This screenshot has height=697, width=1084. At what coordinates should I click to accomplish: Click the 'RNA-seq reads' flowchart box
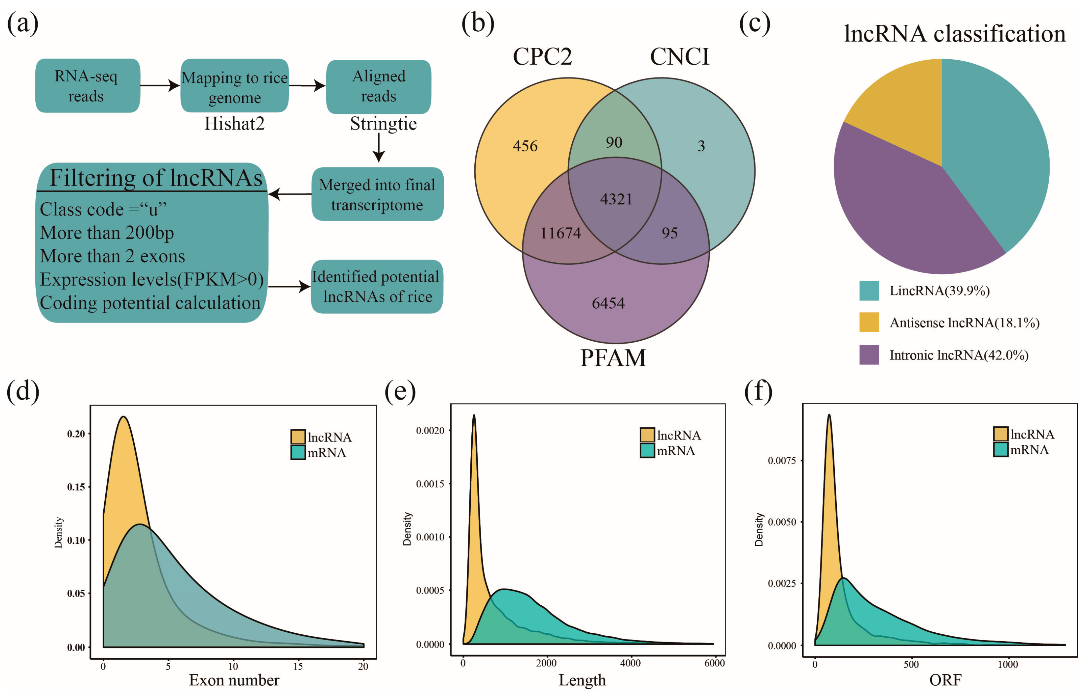point(87,85)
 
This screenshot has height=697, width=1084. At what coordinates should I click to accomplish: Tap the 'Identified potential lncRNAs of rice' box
point(376,287)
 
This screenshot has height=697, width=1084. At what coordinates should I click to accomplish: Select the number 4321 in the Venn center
point(616,199)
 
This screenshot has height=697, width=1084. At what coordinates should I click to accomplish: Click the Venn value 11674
point(560,233)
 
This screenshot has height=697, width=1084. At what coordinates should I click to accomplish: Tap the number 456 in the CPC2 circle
point(525,146)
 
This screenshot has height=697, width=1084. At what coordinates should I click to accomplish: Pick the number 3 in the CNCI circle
point(701,146)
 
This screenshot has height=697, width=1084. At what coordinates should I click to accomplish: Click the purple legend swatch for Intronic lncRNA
point(868,355)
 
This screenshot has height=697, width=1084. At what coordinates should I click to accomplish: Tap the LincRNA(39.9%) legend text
point(939,290)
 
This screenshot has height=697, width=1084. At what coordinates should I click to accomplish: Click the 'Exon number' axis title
point(234,680)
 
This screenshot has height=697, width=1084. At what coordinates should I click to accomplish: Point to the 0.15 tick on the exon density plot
point(76,487)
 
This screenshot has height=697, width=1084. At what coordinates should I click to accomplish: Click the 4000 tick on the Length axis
point(630,663)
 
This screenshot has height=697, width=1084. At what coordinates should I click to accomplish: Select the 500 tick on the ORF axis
point(911,664)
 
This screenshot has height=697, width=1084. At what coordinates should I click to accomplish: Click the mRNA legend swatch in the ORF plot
point(1000,449)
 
